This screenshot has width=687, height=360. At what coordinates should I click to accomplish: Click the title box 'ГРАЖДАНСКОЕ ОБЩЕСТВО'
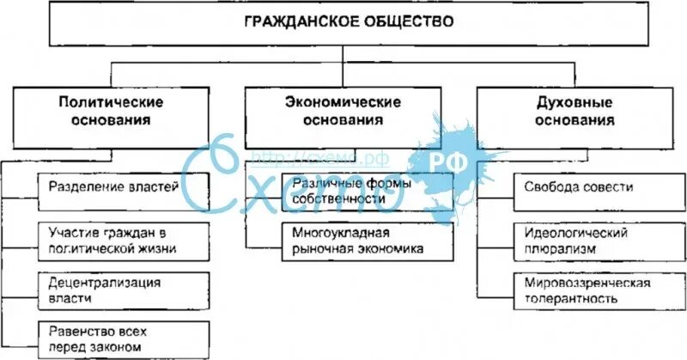click(x=343, y=23)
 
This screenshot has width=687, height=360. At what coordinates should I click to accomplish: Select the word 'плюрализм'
click(x=553, y=249)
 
